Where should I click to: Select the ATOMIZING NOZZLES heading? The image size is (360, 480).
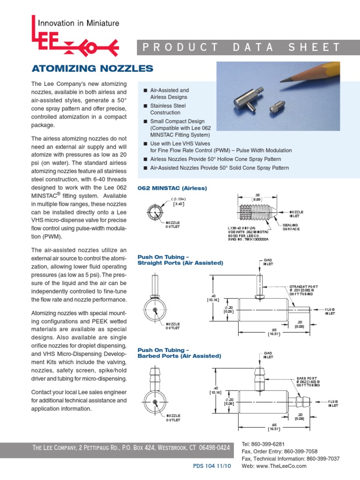[92, 69]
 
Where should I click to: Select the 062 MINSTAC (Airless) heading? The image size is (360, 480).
[172, 188]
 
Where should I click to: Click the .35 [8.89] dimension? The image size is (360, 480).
[257, 197]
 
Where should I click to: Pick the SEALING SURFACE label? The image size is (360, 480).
[291, 227]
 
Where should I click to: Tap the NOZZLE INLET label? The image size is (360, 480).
[296, 214]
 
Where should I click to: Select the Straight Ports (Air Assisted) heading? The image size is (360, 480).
[180, 263]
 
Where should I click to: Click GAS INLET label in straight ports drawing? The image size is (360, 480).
[268, 262]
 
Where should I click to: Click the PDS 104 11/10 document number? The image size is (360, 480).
[212, 466]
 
